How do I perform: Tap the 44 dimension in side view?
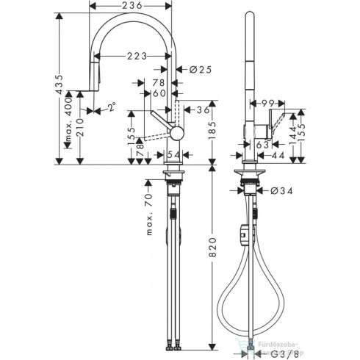point(278,156)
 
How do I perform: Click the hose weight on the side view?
point(243,235)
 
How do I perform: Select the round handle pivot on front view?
point(176,132)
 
